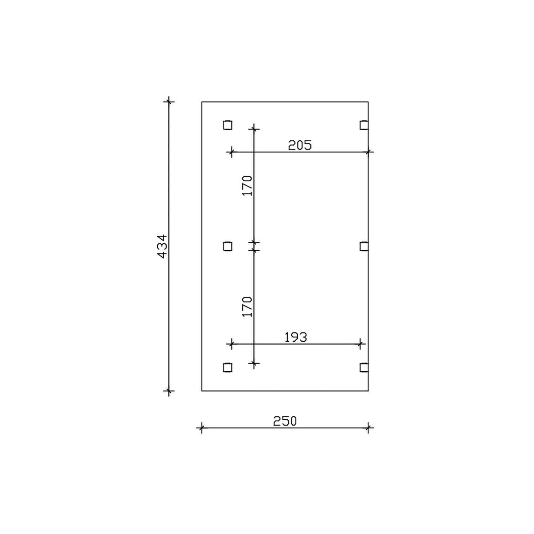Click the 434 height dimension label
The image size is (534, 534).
tap(162, 246)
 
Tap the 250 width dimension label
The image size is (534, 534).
tap(285, 421)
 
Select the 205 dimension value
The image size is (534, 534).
tap(300, 145)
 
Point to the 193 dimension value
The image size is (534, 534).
tap(295, 337)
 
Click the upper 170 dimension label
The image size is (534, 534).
tap(247, 185)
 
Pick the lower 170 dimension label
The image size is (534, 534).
tap(247, 307)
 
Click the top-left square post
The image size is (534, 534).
tap(228, 125)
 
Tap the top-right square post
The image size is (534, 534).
tap(364, 125)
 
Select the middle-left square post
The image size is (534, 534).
tap(228, 246)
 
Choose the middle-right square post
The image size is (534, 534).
tap(364, 246)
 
